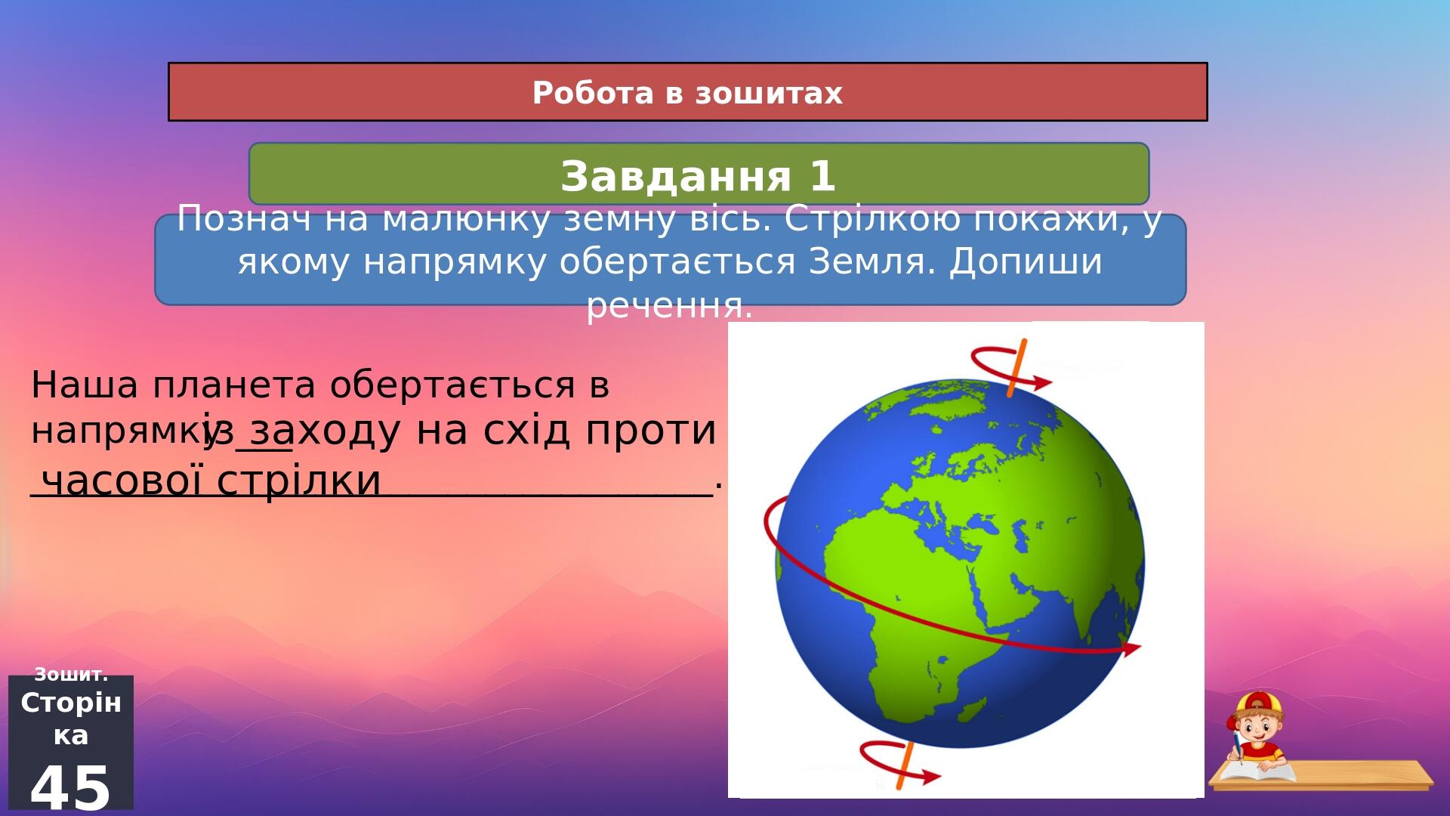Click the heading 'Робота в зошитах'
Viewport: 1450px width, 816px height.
tap(687, 93)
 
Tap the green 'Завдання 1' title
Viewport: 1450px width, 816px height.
tap(698, 176)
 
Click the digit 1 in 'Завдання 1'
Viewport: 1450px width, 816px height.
tap(822, 176)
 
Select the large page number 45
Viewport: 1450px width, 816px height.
tap(70, 788)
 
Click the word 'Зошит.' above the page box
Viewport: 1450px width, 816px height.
tap(71, 674)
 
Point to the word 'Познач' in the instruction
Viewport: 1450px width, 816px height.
tap(243, 220)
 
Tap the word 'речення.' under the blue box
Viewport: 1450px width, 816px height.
tap(670, 306)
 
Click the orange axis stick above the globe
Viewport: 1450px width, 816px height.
tap(1017, 368)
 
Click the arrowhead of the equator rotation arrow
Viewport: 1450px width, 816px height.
tap(1131, 648)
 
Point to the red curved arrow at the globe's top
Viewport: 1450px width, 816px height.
tap(1009, 366)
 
